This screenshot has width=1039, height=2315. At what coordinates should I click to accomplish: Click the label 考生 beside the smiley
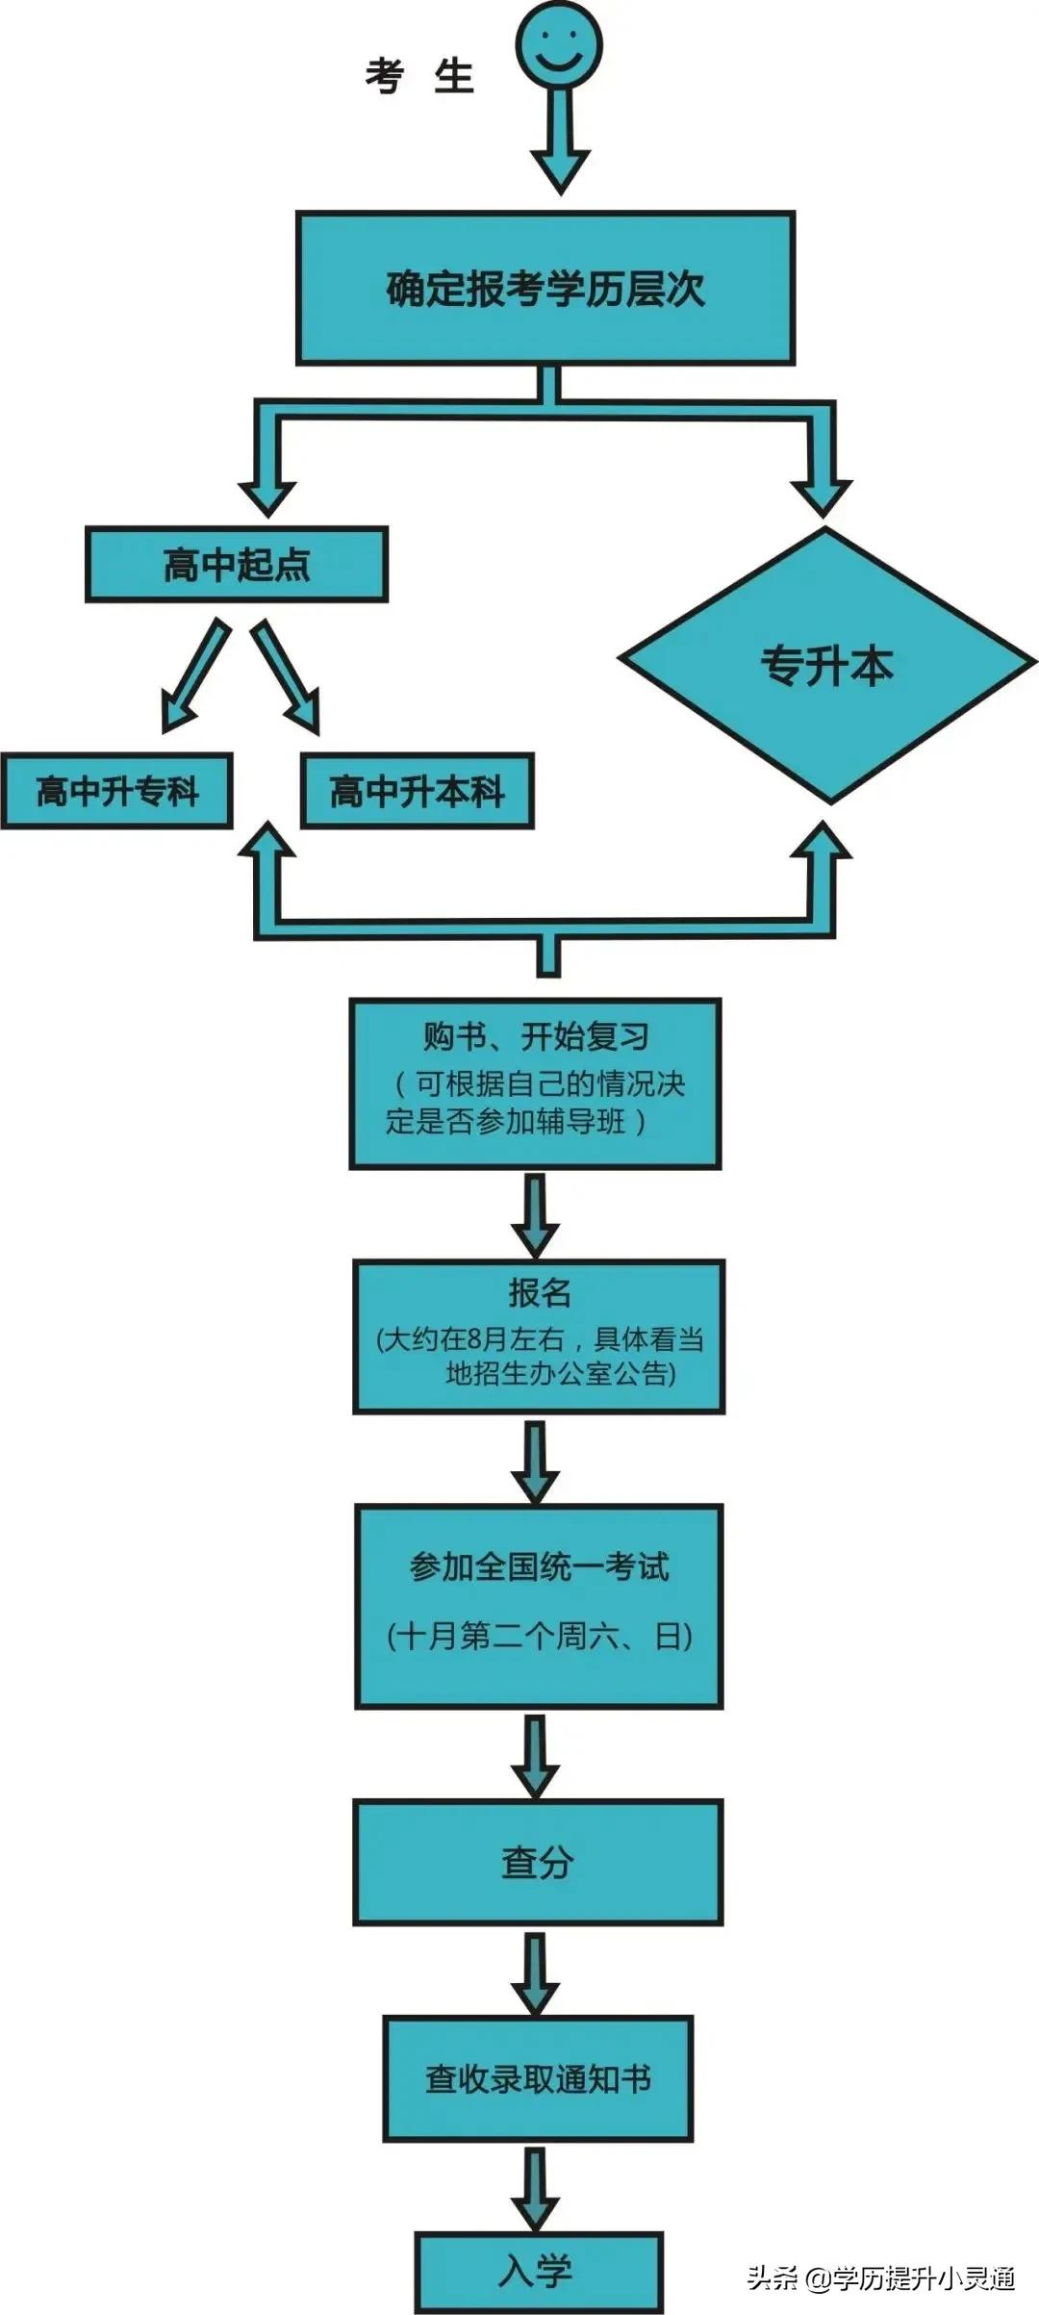click(x=419, y=76)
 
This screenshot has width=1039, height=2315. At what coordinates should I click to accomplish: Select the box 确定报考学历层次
click(x=545, y=289)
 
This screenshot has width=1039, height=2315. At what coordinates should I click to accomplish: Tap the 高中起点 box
click(x=237, y=565)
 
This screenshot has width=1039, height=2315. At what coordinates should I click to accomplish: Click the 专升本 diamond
click(x=827, y=666)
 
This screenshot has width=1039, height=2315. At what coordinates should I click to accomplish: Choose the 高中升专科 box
click(x=117, y=792)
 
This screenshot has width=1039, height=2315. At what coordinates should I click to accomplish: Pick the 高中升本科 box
click(x=417, y=792)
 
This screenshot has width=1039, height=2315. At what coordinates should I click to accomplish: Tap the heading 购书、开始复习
click(x=536, y=1036)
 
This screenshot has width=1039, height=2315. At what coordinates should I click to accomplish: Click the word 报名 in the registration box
click(x=539, y=1292)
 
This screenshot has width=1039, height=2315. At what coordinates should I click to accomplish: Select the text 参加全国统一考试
click(x=539, y=1566)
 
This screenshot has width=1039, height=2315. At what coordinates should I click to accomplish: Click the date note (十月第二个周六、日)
click(x=539, y=1636)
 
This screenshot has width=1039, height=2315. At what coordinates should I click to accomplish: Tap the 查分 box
click(x=538, y=1862)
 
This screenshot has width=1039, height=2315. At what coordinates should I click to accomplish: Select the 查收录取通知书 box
click(x=538, y=2078)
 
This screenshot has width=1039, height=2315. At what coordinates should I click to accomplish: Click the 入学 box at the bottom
click(x=539, y=2272)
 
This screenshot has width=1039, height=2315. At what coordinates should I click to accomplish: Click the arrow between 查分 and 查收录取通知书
click(x=536, y=1972)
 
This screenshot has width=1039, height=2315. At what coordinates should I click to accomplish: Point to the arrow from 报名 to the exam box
click(x=536, y=1462)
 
